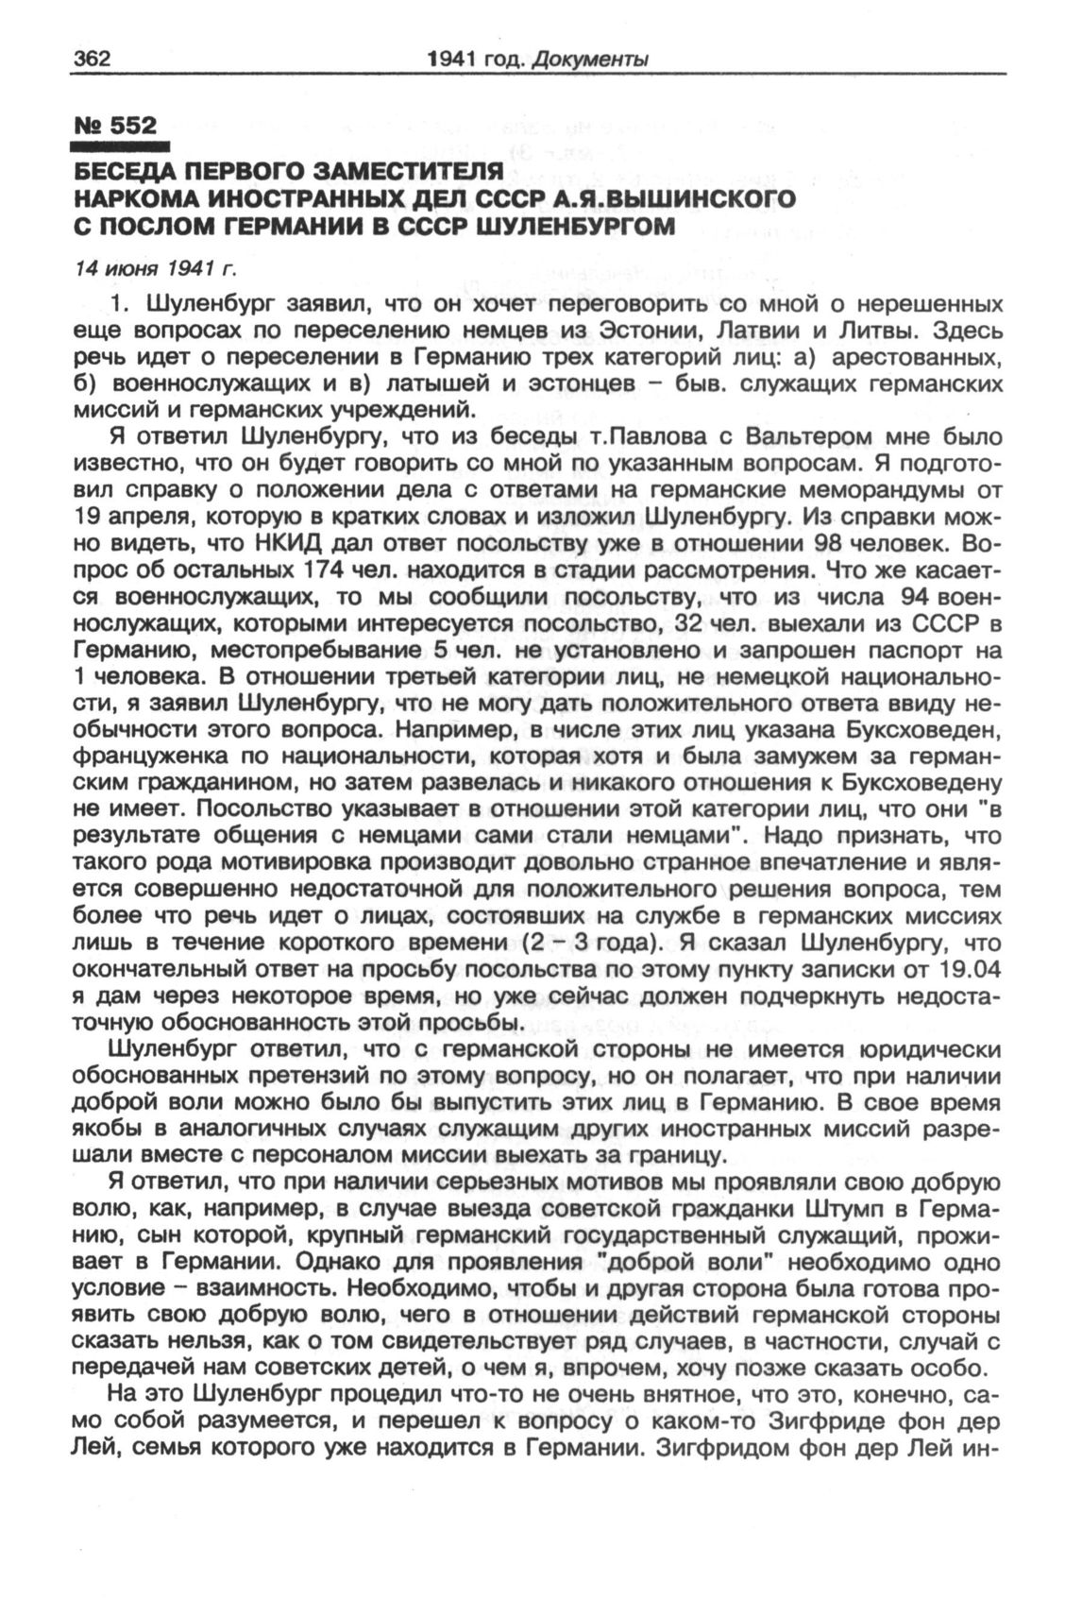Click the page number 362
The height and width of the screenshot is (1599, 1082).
tap(93, 59)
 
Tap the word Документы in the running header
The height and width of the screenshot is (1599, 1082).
tap(589, 60)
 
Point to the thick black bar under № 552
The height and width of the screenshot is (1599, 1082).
tap(120, 146)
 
